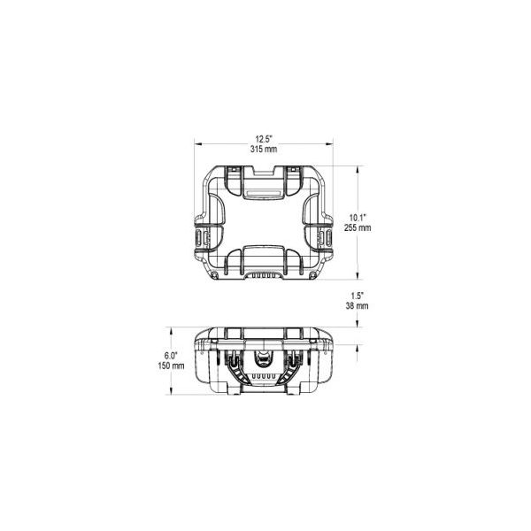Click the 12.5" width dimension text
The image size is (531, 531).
(264, 139)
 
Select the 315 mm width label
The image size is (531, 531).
(264, 149)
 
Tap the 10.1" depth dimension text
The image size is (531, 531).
(358, 218)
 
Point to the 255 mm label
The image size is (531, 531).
(358, 227)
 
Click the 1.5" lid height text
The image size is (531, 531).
(358, 296)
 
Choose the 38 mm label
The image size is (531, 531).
(358, 306)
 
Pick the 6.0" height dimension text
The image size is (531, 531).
(171, 356)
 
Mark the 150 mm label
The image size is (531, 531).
(171, 366)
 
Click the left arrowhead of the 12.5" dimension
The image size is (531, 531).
(198, 144)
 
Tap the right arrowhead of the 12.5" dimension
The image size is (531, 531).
(329, 144)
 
